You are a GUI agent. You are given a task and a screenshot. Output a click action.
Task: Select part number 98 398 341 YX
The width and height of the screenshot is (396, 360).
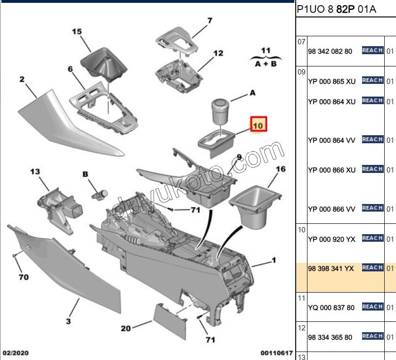coord(331,269)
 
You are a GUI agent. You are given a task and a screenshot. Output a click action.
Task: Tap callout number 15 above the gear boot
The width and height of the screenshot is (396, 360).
coord(77,32)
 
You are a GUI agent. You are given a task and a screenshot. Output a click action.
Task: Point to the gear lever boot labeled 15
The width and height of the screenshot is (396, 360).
coord(104,64)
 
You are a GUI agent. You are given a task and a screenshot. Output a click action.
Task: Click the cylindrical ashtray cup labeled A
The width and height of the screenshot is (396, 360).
coord(220,112)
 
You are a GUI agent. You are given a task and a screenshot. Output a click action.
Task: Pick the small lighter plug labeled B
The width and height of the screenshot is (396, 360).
coord(99,195)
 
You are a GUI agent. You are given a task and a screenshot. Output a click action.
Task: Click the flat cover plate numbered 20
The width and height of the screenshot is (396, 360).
coord(170,321)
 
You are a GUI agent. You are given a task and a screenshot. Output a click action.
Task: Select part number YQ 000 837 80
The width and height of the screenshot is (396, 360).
coord(331,308)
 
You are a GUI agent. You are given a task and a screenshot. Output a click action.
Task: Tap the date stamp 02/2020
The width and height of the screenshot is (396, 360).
coord(16,352)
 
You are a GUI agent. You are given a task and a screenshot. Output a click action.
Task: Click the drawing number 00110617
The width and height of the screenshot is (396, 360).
coord(276,352)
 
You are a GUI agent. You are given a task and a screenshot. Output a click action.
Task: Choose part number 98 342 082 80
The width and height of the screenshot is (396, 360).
coord(330,51)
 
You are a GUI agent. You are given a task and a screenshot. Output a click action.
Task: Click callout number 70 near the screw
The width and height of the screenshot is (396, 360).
coord(24,277)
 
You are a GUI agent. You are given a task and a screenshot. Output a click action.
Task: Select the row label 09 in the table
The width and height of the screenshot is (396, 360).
coord(301,72)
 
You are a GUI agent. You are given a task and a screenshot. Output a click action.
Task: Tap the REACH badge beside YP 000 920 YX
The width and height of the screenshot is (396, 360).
coord(372,238)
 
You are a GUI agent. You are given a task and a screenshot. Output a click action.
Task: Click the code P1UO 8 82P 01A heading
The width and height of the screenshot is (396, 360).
coord(336,9)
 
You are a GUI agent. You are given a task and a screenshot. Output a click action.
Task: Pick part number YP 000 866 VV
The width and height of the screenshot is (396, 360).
coord(331,209)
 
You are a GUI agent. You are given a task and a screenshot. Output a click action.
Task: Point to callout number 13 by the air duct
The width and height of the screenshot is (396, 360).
coord(35,172)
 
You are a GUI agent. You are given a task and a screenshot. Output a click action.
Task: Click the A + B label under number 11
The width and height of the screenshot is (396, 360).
coord(266,64)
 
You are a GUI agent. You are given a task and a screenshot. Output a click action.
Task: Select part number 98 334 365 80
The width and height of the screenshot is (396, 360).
coord(330,337)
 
